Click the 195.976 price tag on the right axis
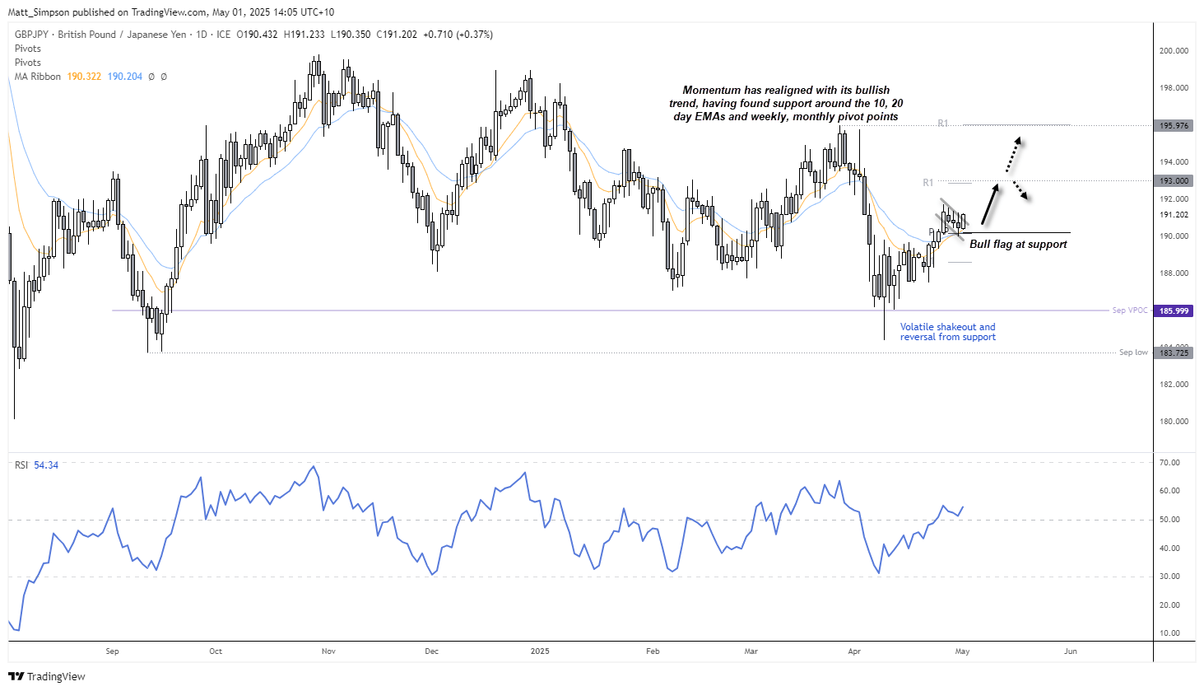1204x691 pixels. [x=1174, y=126]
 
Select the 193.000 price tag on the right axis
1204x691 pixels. [x=1174, y=180]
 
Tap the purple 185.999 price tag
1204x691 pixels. [x=1174, y=310]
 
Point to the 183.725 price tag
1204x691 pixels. [x=1174, y=353]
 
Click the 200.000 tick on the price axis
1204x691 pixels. [x=1174, y=51]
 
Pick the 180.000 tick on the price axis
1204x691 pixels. [x=1174, y=422]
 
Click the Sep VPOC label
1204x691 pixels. [x=1129, y=310]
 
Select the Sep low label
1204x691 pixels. [x=1132, y=353]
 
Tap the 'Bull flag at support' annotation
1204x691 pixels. [x=1018, y=245]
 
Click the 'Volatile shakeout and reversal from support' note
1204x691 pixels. [x=947, y=332]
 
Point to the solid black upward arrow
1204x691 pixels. [x=992, y=205]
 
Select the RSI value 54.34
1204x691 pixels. [x=46, y=465]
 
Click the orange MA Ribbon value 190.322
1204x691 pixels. [x=84, y=77]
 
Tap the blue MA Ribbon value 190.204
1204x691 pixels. [x=125, y=77]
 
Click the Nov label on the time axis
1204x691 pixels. [x=328, y=651]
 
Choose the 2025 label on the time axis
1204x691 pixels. [x=540, y=651]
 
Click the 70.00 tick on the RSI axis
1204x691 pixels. [x=1169, y=463]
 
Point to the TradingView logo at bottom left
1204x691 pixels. [x=48, y=676]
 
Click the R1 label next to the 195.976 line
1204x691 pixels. [x=943, y=124]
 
